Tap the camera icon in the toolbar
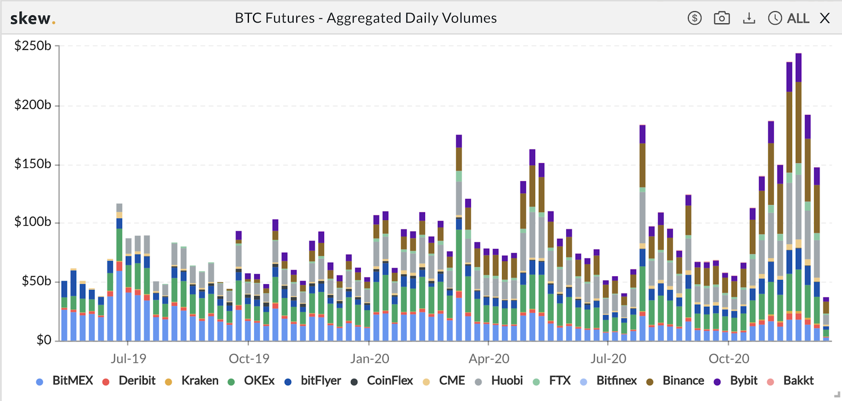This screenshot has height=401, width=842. coord(721,18)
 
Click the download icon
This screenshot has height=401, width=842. coord(749,18)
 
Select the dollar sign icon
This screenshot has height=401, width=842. coord(695,18)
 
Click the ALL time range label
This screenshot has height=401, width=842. coord(798,18)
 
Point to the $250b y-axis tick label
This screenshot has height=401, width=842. coord(33,46)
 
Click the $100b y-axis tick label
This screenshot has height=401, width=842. coord(33,222)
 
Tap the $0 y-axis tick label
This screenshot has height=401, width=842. coord(44,340)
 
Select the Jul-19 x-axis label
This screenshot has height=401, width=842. coord(128,359)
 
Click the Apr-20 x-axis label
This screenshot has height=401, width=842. coord(489,359)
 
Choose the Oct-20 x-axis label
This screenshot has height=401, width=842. coord(729,359)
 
